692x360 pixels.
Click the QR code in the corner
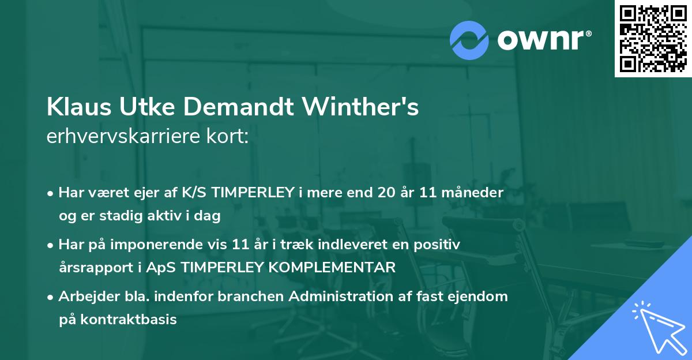[653, 39]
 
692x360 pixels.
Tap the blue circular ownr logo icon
[469, 39]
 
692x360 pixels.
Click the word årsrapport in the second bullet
[91, 268]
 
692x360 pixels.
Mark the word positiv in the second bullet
[441, 245]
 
